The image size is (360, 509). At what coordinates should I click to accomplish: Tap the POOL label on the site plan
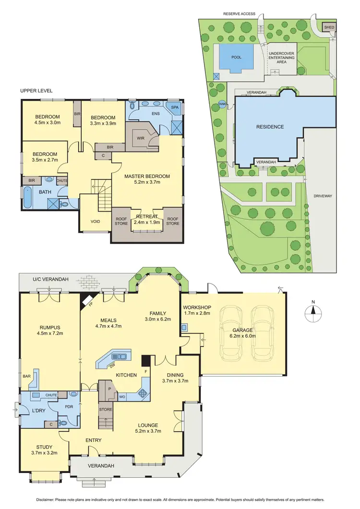[236, 57]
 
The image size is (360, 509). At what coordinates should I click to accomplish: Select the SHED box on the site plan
[329, 27]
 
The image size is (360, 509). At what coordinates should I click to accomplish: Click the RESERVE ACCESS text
[239, 14]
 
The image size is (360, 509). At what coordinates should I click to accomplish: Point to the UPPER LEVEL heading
[36, 90]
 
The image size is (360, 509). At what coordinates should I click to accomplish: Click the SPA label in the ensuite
[175, 107]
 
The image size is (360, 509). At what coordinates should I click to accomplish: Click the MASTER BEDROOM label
[147, 176]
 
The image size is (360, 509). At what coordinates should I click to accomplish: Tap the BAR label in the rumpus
[26, 377]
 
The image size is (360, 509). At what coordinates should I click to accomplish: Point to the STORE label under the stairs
[106, 409]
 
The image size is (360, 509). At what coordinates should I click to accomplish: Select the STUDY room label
[44, 446]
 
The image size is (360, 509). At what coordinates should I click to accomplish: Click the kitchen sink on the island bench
[118, 356]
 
